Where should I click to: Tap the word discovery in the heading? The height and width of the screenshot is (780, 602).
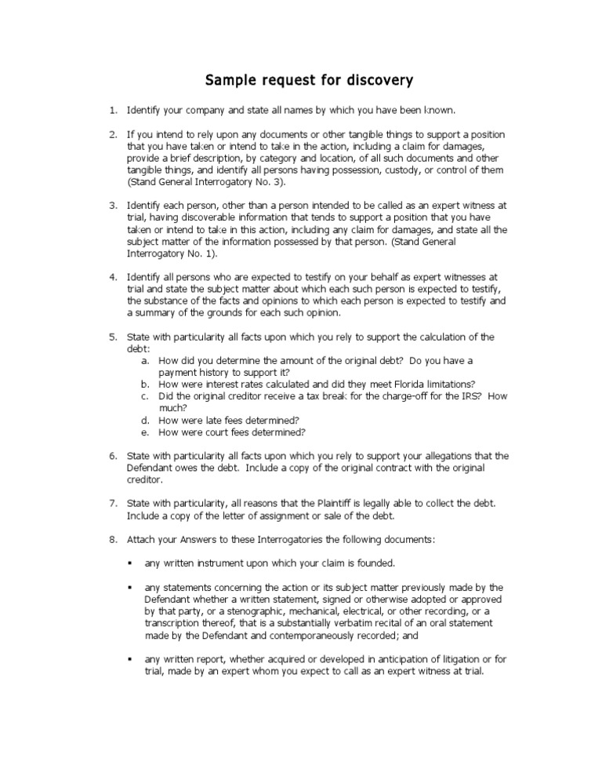tap(375, 80)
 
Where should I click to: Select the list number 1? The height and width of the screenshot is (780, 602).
tap(113, 110)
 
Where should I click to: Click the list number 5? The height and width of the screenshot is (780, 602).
tap(113, 337)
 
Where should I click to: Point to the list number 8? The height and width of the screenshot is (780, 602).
tap(113, 540)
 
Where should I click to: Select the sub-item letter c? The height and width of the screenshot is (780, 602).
tap(145, 396)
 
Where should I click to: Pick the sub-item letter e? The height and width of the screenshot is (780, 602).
tap(145, 432)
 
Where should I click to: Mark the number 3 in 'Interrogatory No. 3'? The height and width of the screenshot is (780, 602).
tap(279, 182)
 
